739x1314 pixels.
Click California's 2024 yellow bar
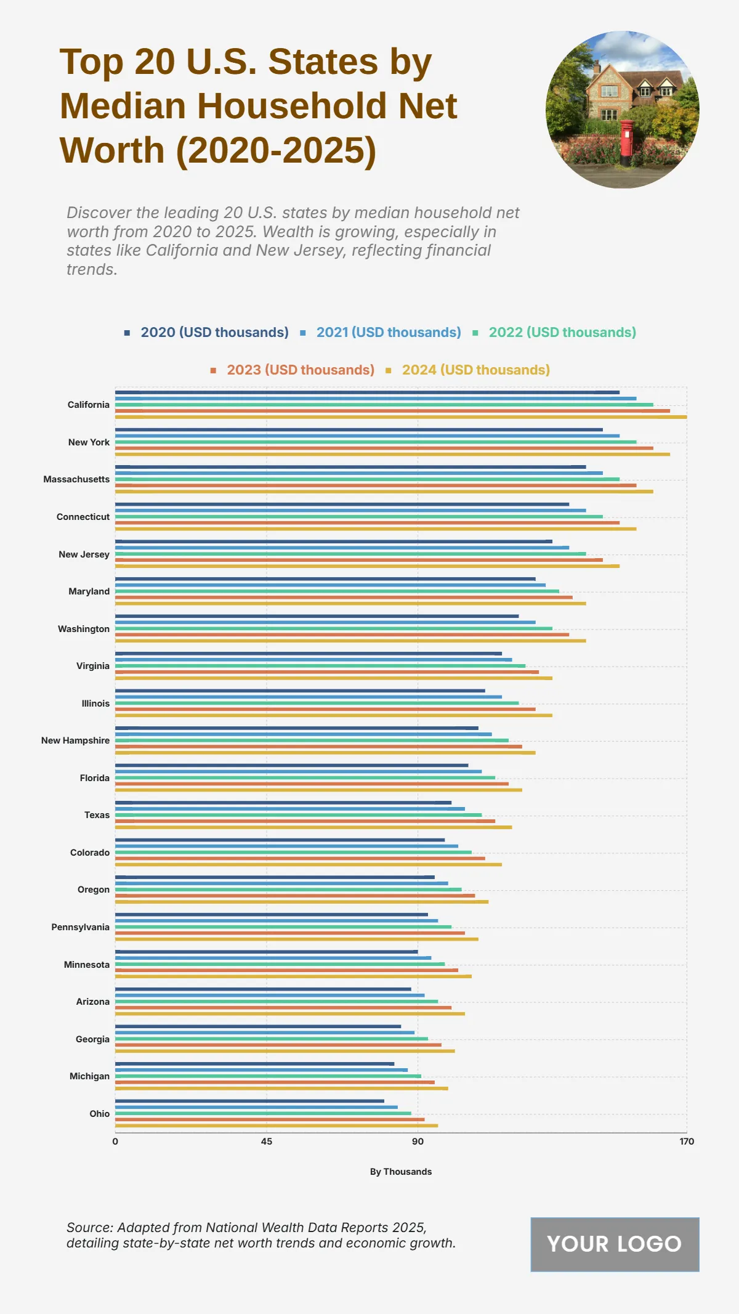point(400,417)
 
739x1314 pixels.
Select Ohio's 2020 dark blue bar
point(249,1101)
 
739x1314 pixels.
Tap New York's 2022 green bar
point(376,442)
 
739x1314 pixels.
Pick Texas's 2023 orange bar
point(305,821)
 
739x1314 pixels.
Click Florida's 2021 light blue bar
point(298,771)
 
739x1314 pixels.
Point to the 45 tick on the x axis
point(266,1142)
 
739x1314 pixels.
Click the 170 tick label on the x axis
point(687,1142)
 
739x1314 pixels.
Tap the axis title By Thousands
point(400,1172)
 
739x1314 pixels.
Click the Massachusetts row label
point(76,479)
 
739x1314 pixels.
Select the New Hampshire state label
point(75,740)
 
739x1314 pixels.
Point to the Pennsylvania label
point(80,927)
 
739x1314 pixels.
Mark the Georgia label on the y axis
point(92,1039)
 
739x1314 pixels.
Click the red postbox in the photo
point(626,142)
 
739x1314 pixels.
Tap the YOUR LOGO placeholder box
point(615,1244)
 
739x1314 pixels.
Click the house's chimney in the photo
point(596,67)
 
